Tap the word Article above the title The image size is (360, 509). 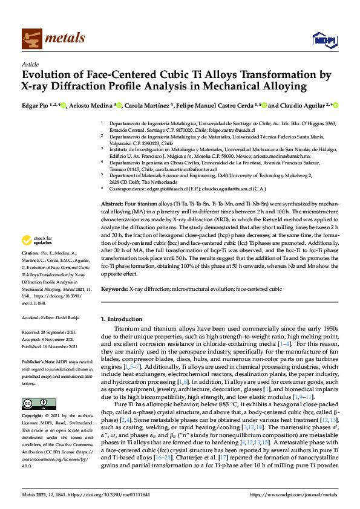[30, 63]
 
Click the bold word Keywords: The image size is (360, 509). [114, 290]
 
